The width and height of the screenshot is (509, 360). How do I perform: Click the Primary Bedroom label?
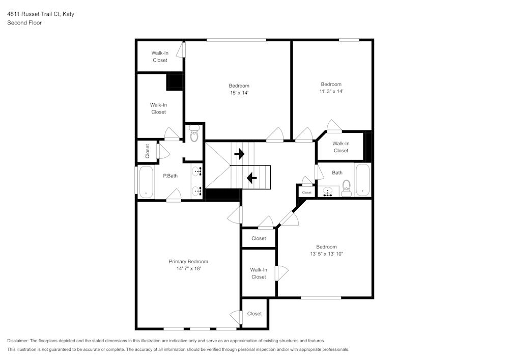[x=188, y=261]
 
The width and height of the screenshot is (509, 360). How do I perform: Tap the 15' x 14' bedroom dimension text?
[x=239, y=93]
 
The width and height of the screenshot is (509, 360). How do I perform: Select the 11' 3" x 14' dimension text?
[x=331, y=91]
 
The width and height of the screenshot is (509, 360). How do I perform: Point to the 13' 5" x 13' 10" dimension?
[x=326, y=254]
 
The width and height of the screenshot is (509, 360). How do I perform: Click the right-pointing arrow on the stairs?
[x=239, y=154]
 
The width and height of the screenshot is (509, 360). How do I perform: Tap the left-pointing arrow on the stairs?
[x=251, y=178]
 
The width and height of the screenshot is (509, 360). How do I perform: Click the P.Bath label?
[x=170, y=176]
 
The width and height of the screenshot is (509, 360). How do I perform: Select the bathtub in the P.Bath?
[x=146, y=181]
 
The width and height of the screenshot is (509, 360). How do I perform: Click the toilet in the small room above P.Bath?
[x=194, y=135]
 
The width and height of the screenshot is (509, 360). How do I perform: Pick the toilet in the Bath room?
[x=347, y=187]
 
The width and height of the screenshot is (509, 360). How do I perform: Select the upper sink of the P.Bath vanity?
[x=197, y=171]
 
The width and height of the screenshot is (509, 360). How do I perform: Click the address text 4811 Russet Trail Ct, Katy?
[x=41, y=14]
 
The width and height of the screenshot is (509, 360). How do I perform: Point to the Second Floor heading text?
[x=24, y=23]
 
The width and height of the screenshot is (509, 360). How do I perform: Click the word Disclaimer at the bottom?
[x=18, y=341]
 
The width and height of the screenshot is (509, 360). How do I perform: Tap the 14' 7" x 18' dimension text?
[x=188, y=268]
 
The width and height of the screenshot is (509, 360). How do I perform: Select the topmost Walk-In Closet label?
[x=160, y=57]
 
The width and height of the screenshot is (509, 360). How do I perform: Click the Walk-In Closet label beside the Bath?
[x=341, y=147]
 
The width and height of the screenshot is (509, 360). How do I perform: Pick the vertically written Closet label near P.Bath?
[x=148, y=151]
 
